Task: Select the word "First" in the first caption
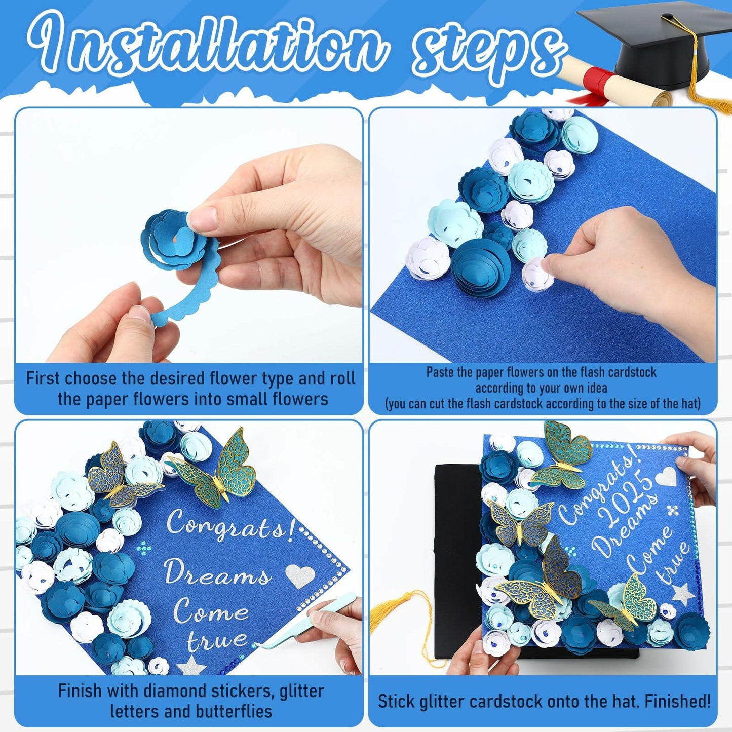click(45, 379)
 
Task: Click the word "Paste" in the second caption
click(440, 372)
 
